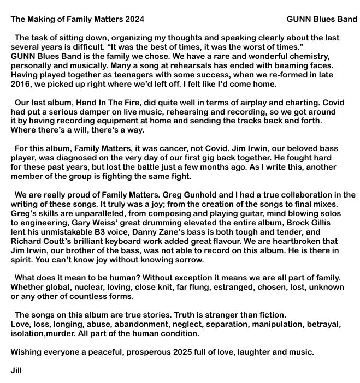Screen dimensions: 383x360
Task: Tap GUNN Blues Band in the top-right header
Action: click(322, 20)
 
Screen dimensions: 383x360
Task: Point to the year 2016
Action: click(21, 85)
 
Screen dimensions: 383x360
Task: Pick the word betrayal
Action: click(324, 324)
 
